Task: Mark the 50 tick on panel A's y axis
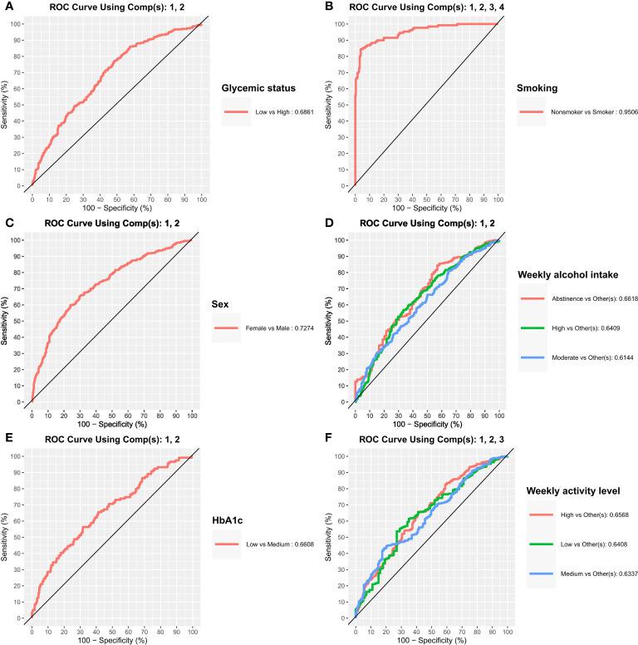[x=17, y=105]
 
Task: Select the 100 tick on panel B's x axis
[x=498, y=199]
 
